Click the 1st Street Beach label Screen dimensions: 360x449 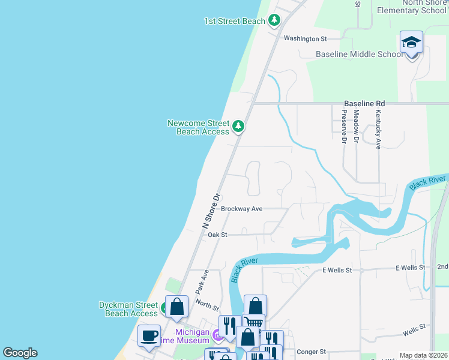coord(234,22)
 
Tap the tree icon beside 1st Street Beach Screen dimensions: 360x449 coord(274,21)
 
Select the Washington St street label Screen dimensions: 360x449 coord(305,38)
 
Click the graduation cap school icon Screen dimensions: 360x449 coord(411,43)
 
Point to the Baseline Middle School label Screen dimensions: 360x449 coord(360,55)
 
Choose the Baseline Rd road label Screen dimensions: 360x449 coord(364,104)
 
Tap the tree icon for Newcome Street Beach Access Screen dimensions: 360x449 coord(239,126)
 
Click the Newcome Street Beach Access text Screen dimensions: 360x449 coord(198,127)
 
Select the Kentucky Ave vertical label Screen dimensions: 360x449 coord(378,129)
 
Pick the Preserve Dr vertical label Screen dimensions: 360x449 coord(345,127)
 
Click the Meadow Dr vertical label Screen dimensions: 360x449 coord(356,127)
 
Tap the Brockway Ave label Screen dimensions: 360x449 coord(241,209)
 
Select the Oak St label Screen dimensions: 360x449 coord(217,235)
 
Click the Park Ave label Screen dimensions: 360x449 coord(202,281)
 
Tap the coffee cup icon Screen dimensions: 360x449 coord(149,335)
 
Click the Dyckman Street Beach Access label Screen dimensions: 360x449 coord(128,309)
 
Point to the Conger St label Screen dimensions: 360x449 coord(310,352)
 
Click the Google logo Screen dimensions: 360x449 coord(20,353)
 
